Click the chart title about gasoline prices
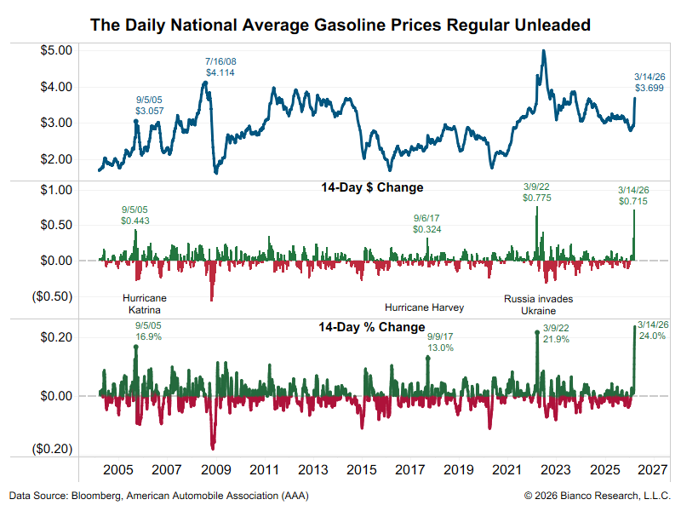click(340, 26)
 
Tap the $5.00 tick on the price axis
click(59, 50)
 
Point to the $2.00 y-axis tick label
click(59, 159)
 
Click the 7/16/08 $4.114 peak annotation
click(220, 67)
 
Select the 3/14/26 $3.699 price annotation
click(650, 82)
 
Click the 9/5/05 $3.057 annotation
click(149, 106)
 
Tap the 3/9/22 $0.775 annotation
click(536, 192)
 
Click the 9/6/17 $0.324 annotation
click(427, 223)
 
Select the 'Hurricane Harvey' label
click(424, 307)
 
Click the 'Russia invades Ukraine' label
click(538, 305)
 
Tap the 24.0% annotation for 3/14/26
click(652, 330)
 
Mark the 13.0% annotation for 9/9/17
click(440, 342)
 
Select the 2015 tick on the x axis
click(362, 469)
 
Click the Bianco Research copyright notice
click(597, 496)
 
